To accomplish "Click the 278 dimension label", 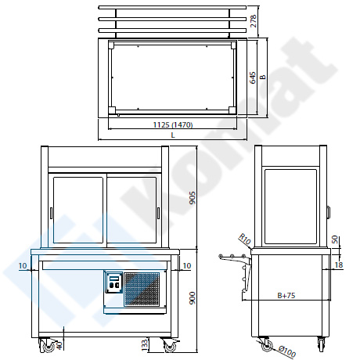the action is click(253, 21).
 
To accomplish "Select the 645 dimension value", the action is click(253, 77).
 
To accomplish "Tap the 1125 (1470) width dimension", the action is click(173, 125).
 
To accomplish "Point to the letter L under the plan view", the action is click(173, 135).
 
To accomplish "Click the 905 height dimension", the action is click(192, 198).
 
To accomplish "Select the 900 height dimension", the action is click(192, 298).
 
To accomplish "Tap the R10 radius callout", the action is click(245, 239).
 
